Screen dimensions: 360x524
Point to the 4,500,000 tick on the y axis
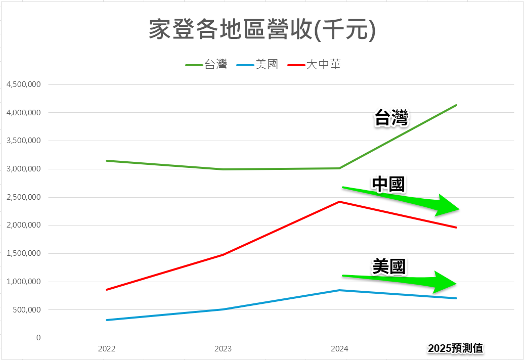click(24, 84)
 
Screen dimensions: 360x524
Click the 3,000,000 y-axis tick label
click(24, 169)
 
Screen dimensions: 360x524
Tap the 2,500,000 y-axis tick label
click(24, 197)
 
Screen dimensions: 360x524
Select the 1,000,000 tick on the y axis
click(24, 282)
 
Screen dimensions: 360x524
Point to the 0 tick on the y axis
click(38, 338)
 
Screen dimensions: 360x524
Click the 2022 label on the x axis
click(107, 349)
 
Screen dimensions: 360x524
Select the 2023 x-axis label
click(223, 349)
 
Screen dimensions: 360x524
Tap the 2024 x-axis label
click(339, 349)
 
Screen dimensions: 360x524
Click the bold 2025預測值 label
click(455, 348)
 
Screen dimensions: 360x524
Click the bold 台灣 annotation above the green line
click(391, 118)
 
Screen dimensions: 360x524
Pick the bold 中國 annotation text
click(388, 185)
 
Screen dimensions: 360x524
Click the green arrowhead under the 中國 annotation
click(447, 206)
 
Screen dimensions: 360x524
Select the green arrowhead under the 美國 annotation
click(445, 281)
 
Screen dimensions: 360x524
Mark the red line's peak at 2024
click(339, 202)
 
